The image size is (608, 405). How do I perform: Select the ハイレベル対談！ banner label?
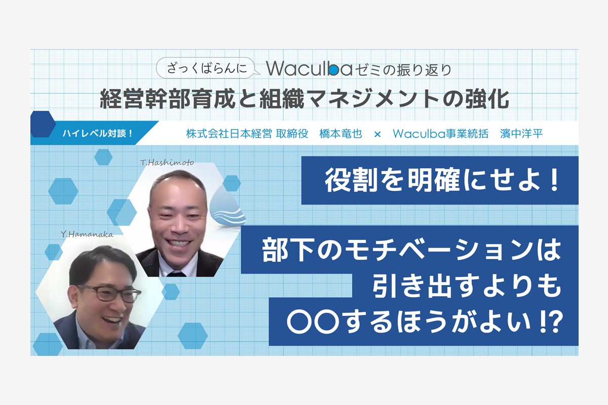click(x=98, y=134)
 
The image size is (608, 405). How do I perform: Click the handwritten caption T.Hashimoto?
click(x=167, y=163)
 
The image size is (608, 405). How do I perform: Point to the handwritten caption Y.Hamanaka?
click(x=87, y=234)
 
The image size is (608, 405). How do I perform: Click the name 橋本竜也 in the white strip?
click(x=340, y=134)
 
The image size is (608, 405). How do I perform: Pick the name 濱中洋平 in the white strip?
click(x=521, y=134)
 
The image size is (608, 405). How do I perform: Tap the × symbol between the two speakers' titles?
click(x=377, y=134)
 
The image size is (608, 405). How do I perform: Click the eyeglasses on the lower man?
click(x=108, y=293)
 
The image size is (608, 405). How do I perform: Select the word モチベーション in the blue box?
click(x=438, y=250)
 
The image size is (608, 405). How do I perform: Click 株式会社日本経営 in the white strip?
click(x=229, y=134)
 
